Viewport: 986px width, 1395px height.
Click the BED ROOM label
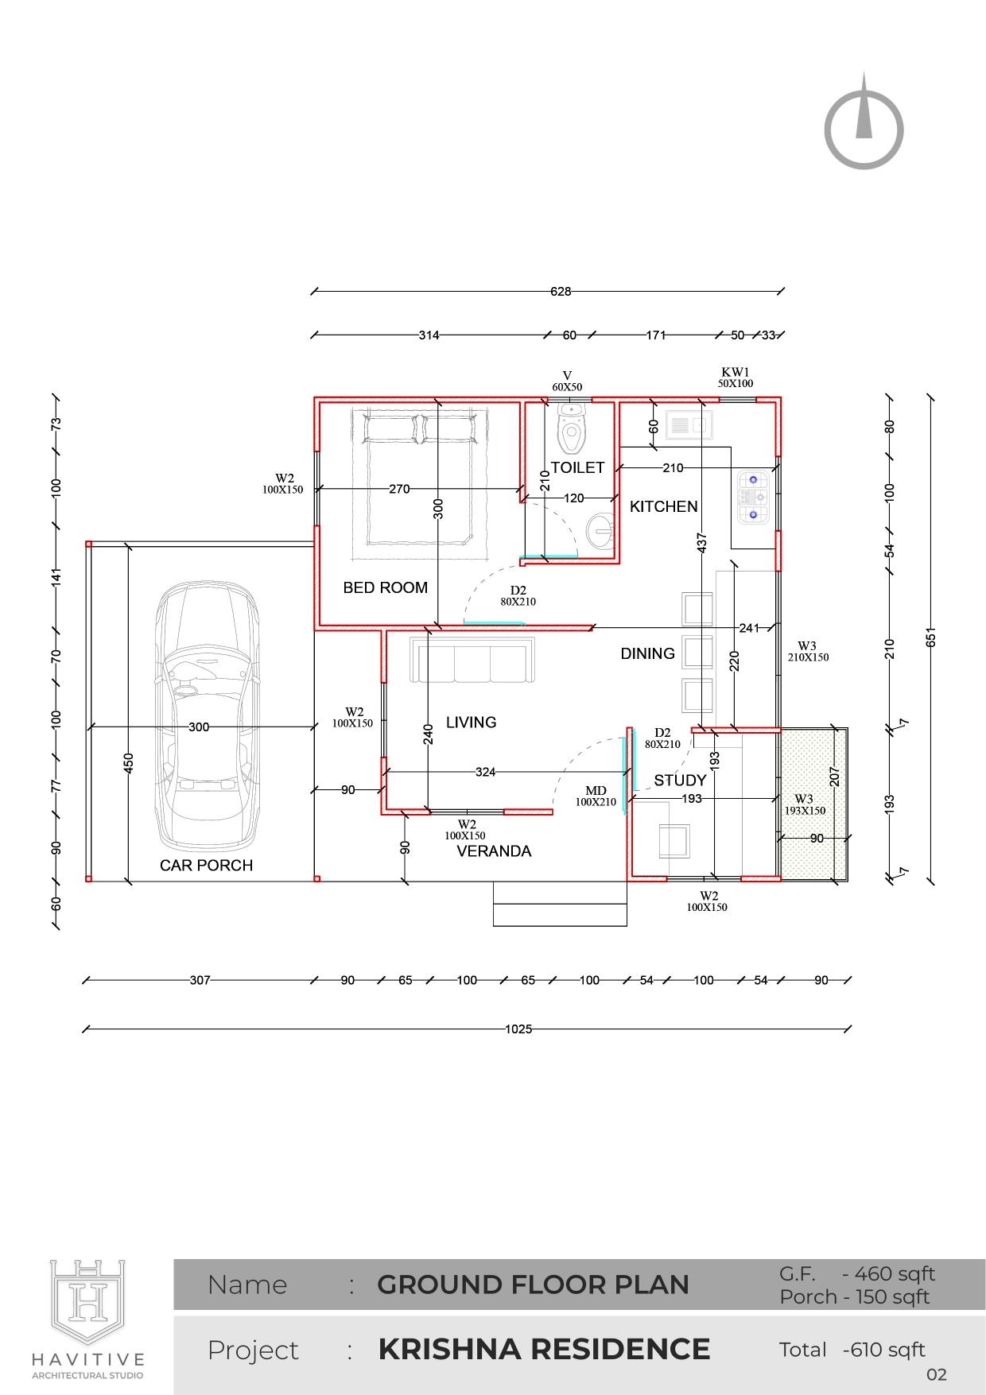pos(386,587)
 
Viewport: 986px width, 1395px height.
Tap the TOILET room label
pos(578,467)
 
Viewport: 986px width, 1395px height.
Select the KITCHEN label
pos(664,506)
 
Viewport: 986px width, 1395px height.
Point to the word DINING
pos(648,653)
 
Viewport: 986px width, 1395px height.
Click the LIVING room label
pos(472,723)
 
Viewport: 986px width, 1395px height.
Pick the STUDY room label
pos(681,781)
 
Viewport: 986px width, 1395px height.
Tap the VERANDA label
pos(494,851)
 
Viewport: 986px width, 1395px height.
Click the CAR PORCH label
pos(207,866)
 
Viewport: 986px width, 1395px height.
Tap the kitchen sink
pos(689,425)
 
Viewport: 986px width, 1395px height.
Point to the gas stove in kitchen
pos(753,498)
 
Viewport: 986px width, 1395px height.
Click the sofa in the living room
pos(473,660)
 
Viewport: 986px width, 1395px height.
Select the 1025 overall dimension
pos(518,1029)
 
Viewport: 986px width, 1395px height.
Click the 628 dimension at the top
pos(561,292)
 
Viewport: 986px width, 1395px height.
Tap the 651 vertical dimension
pos(931,637)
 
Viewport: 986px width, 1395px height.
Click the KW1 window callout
pos(736,378)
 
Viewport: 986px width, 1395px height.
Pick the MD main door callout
pos(596,796)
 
